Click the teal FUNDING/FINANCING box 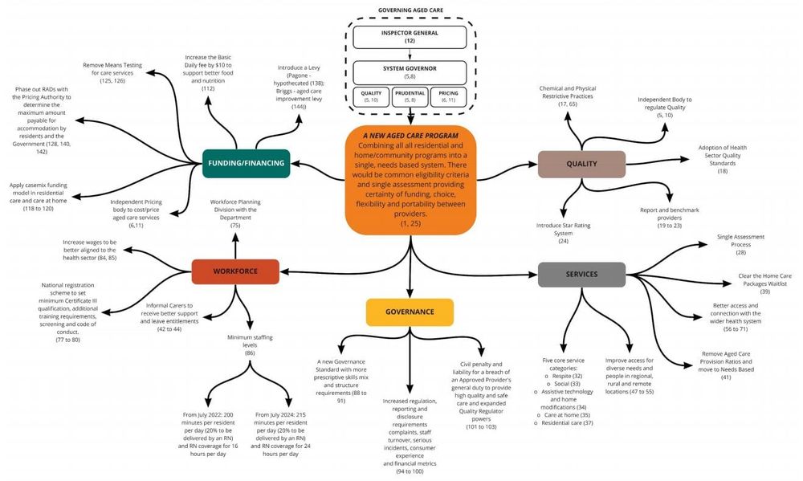pyautogui.click(x=245, y=163)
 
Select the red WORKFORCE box pyautogui.click(x=235, y=271)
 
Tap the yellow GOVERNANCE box pyautogui.click(x=410, y=312)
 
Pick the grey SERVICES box pyautogui.click(x=581, y=274)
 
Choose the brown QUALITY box pyautogui.click(x=581, y=164)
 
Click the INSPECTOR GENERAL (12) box pyautogui.click(x=410, y=37)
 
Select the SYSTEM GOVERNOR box pyautogui.click(x=410, y=72)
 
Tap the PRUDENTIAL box pyautogui.click(x=410, y=97)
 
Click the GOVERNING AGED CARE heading pyautogui.click(x=410, y=10)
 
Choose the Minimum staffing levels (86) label pyautogui.click(x=250, y=344)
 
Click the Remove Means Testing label pyautogui.click(x=112, y=71)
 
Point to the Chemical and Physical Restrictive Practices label pyautogui.click(x=568, y=96)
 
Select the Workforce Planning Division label pyautogui.click(x=235, y=214)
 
